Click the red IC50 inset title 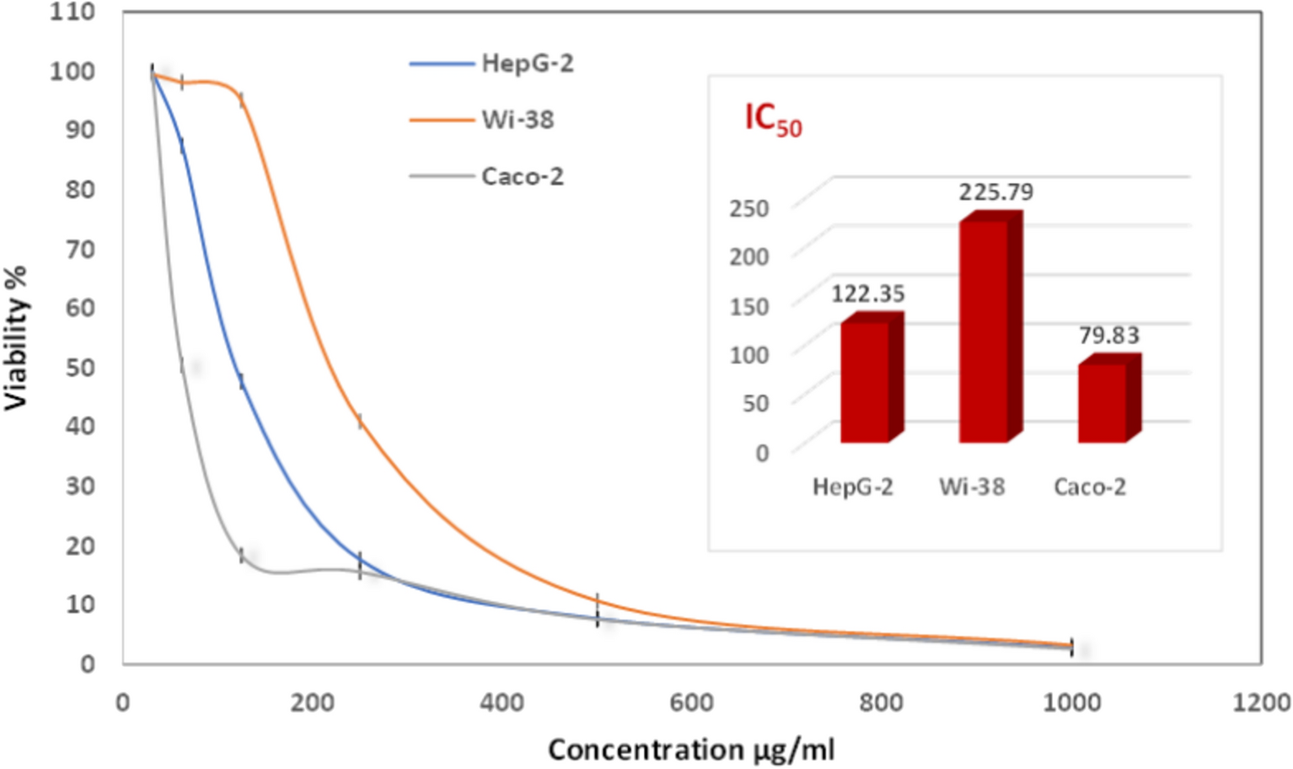click(772, 119)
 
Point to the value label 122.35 click(867, 293)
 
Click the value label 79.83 click(1108, 336)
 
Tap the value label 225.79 click(995, 192)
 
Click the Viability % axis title click(16, 337)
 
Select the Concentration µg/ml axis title click(691, 749)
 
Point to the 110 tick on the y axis click(72, 12)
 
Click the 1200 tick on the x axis click(1261, 702)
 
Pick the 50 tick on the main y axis click(80, 367)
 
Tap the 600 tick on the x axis click(691, 702)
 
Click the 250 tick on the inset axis click(748, 208)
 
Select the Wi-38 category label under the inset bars click(972, 487)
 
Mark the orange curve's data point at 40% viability click(360, 421)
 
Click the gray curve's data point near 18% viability click(242, 555)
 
